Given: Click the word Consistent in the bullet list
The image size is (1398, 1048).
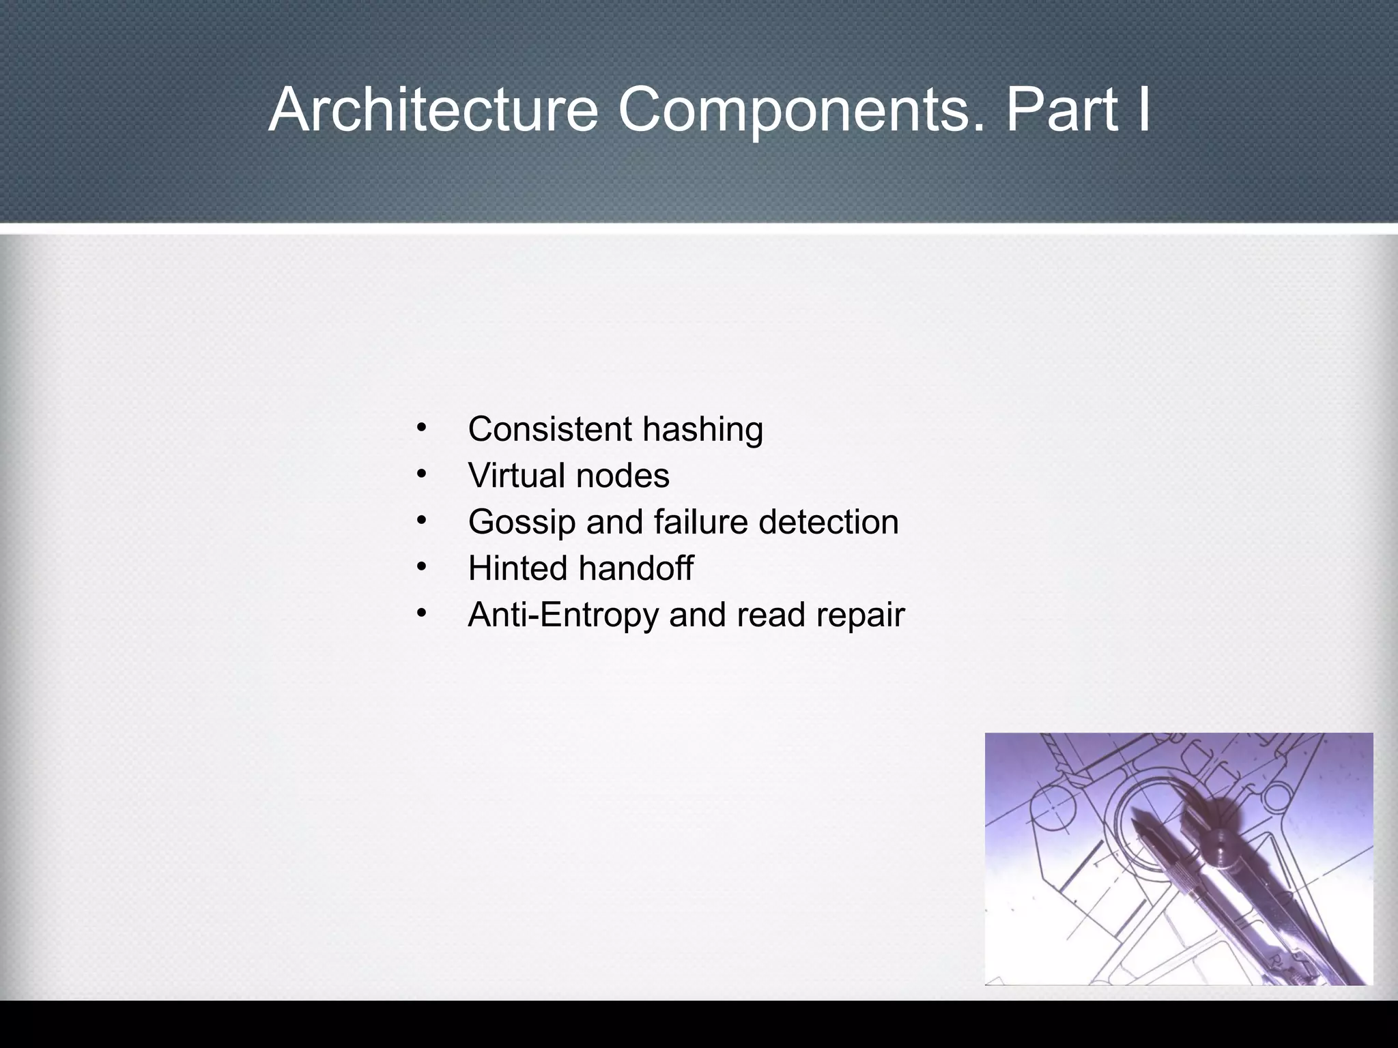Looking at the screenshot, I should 550,429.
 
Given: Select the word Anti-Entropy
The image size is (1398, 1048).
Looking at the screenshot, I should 562,615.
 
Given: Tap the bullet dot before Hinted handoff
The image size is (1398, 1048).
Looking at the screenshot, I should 422,568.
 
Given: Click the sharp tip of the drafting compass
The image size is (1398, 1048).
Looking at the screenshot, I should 1134,813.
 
